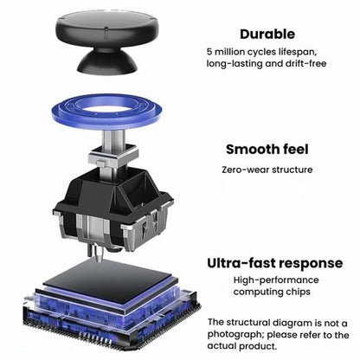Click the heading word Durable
(x=267, y=34)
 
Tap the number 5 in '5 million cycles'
(x=209, y=52)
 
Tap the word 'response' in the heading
(x=312, y=264)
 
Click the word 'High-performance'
(x=276, y=280)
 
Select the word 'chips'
(x=298, y=292)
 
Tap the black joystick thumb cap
(x=107, y=41)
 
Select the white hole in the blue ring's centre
(x=106, y=109)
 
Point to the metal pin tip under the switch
(x=100, y=260)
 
